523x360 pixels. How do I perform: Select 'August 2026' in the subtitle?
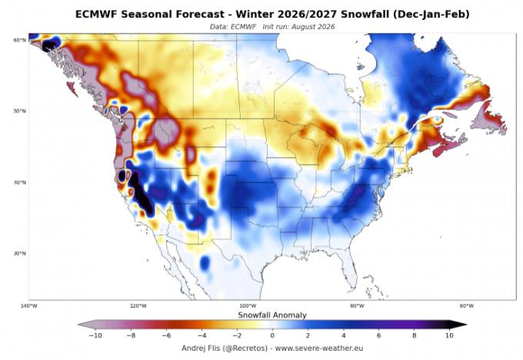coord(313,27)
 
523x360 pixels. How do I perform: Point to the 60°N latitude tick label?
coord(19,40)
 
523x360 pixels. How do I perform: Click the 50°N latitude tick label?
coord(19,111)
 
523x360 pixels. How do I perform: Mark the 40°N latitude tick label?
coord(19,182)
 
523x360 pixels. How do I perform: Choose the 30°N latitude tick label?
coord(19,254)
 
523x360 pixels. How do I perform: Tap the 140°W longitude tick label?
coord(28,306)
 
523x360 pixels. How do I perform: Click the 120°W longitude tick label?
coord(138,306)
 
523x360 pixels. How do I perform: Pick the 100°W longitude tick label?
coord(248,306)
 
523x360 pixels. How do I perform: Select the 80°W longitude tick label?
coord(357,306)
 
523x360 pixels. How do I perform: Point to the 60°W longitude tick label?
coord(467,306)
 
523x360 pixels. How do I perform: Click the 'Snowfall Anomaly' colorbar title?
coord(272,315)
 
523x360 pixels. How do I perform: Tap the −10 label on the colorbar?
coord(95,335)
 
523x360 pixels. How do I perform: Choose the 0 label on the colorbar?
coord(272,335)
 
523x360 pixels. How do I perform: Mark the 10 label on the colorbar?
coord(449,335)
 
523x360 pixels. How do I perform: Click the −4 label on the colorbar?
coord(202,335)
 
